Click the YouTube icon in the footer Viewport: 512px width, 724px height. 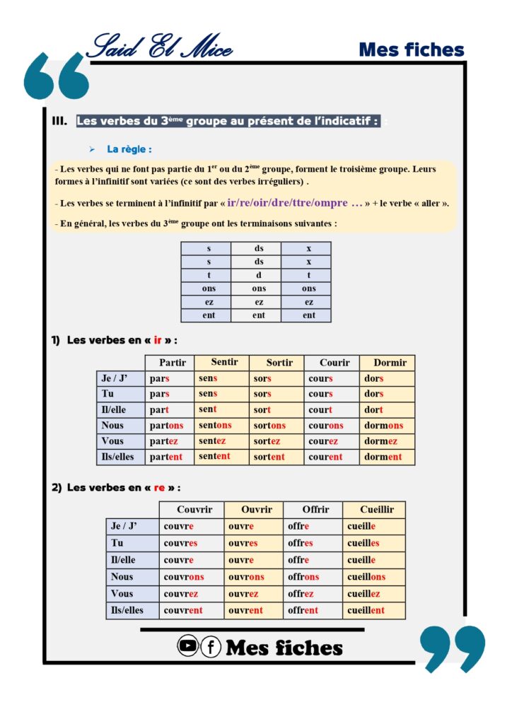coord(187,646)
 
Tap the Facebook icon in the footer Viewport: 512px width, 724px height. coord(211,646)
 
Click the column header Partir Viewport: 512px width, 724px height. coord(173,363)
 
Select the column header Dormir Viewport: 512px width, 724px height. coord(390,363)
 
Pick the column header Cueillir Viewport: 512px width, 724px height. coord(377,509)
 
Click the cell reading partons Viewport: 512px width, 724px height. coord(166,426)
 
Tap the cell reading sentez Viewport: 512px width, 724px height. coord(212,441)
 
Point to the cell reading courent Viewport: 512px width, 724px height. coord(325,457)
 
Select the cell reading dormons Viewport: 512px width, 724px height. coord(383,426)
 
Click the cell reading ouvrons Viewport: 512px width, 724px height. coord(246,577)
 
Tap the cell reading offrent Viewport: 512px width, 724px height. coord(303,610)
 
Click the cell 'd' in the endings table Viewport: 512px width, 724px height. coord(258,275)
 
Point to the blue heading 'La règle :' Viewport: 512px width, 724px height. coord(129,149)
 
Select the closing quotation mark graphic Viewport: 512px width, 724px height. coord(452,647)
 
